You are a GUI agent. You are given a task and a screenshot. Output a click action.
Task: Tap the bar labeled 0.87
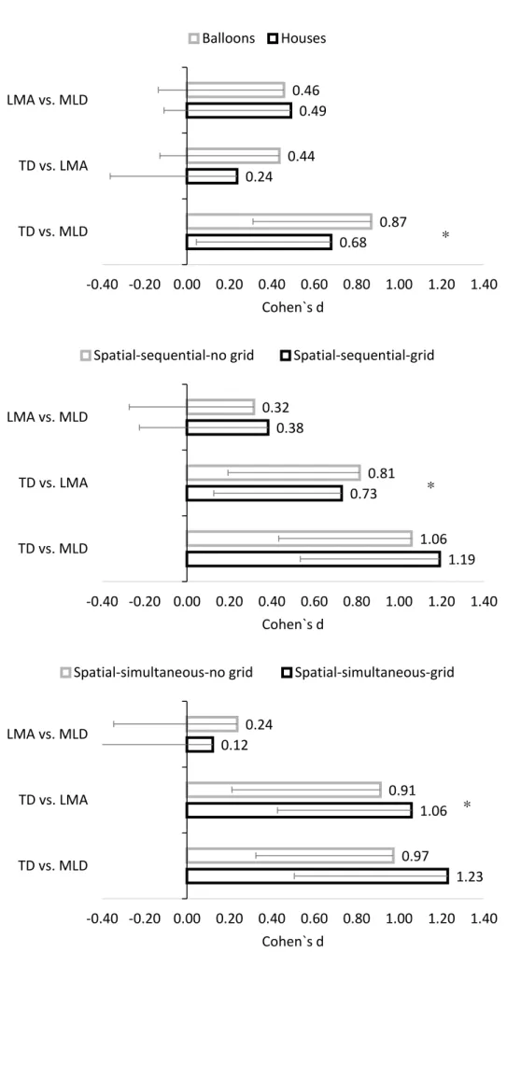pos(278,221)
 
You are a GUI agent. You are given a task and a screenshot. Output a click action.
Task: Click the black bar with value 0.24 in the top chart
pos(212,176)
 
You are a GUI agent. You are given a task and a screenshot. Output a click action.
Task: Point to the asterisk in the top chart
pos(445,236)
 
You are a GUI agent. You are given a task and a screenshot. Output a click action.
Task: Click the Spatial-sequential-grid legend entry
pos(358,357)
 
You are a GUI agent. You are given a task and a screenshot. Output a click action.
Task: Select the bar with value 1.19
pos(313,559)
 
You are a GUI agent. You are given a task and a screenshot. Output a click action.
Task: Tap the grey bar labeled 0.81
pos(273,472)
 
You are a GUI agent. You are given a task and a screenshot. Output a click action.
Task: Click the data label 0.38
pos(290,428)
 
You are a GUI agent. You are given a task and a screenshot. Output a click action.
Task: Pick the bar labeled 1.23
pos(317,875)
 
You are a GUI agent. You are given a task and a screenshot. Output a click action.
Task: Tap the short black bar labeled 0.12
pos(200,745)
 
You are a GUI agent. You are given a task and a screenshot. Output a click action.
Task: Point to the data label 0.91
pos(402,791)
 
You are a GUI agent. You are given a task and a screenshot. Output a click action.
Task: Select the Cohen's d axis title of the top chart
pos(293,307)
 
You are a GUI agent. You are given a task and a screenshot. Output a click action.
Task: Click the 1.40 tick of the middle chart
pos(485,603)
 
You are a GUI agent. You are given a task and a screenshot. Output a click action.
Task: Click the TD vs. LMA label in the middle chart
pos(53,483)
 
